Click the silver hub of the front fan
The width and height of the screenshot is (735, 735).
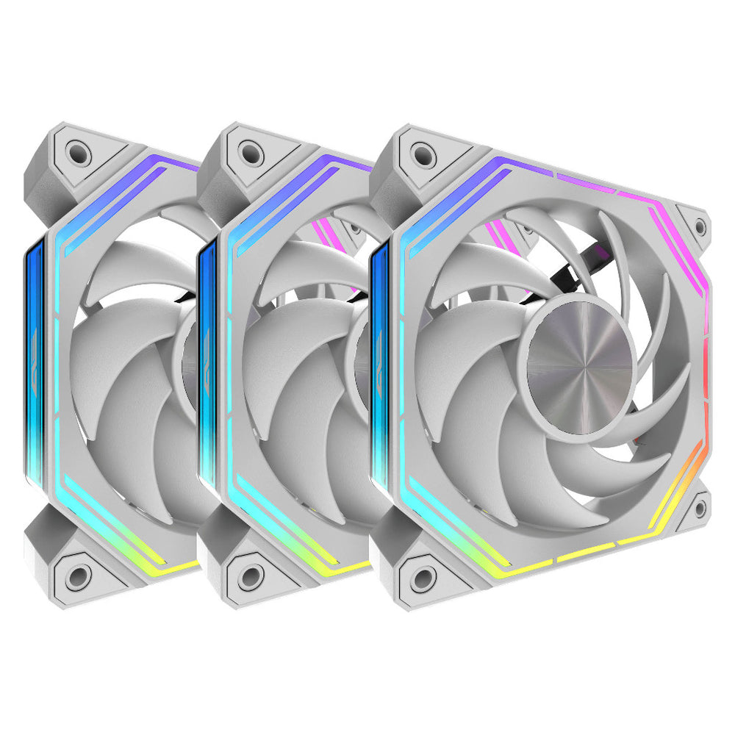581,365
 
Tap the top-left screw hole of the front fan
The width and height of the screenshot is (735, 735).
422,156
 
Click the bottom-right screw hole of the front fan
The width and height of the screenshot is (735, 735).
700,506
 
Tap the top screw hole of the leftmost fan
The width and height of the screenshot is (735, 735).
76,153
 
